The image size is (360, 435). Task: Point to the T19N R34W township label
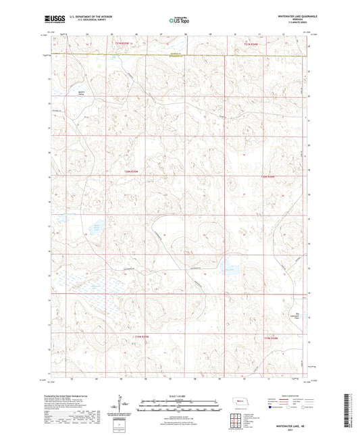pyautogui.click(x=269, y=336)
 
